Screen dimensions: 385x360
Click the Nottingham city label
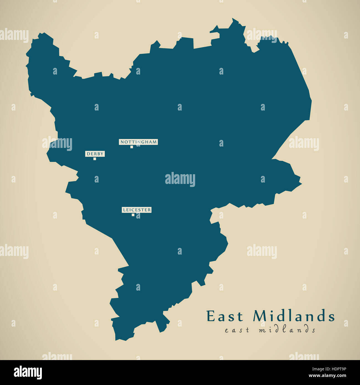tap(138, 142)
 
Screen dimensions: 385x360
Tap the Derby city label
tap(95, 154)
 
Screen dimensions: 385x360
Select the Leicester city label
tap(137, 210)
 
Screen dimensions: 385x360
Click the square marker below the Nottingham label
tap(132, 147)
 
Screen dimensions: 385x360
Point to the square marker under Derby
tap(95, 159)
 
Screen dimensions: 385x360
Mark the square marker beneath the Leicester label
tap(133, 215)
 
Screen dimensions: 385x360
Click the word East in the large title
tap(225, 316)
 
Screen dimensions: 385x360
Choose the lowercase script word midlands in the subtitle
tap(287, 330)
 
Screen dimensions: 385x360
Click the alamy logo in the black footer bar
tap(28, 373)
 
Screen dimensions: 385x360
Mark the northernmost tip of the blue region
tap(233, 19)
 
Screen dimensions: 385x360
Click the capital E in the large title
tap(211, 316)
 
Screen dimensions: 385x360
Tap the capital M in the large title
tap(260, 316)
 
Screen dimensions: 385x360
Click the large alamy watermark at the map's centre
tap(180, 179)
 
